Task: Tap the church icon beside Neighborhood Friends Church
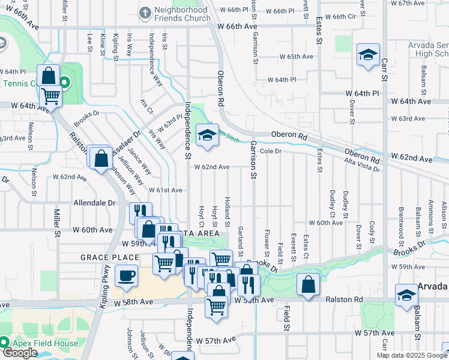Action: click(144, 13)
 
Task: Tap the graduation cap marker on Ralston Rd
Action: click(406, 295)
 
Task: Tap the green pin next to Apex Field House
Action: click(5, 343)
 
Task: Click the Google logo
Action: click(19, 353)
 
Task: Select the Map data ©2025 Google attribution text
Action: click(412, 355)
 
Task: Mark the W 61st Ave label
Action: click(165, 190)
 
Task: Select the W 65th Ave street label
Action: click(297, 56)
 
